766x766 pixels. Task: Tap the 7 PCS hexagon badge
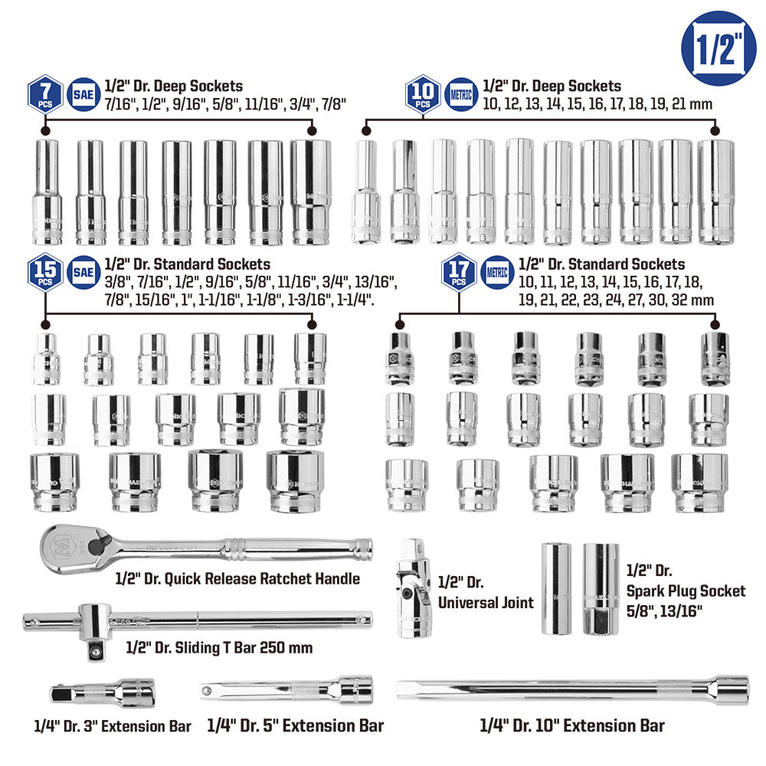pos(44,95)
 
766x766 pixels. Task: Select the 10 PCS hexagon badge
pos(422,95)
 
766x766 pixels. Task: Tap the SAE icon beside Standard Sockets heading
pos(83,272)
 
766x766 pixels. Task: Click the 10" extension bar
pos(572,688)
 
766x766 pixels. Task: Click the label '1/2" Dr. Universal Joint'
pos(486,593)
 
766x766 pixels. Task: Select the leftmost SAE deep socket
pos(47,191)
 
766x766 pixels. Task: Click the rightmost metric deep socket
pos(715,191)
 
